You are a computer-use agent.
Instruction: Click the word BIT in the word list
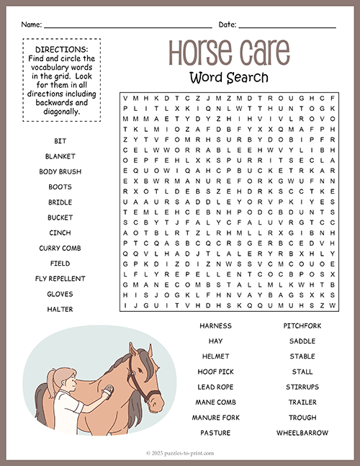pos(60,140)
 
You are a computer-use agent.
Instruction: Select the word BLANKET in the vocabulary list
pos(60,156)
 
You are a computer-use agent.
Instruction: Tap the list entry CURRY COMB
pos(60,248)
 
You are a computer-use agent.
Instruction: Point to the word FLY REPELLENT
pos(60,278)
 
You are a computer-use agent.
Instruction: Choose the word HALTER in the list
pos(60,309)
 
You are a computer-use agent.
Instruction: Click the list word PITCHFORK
pos(302,326)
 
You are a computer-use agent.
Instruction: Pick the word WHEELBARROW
pos(302,433)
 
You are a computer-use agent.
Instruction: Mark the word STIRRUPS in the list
pos(302,387)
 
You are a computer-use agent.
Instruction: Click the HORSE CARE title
pos(229,52)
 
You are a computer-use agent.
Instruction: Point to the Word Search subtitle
pos(229,77)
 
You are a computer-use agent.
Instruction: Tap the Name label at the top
pos(31,24)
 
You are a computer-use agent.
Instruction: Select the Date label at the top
pos(228,24)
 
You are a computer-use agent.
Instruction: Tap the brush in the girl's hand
pos(108,391)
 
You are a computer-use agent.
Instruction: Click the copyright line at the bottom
pos(180,453)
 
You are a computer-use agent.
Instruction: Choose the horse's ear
pos(133,351)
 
